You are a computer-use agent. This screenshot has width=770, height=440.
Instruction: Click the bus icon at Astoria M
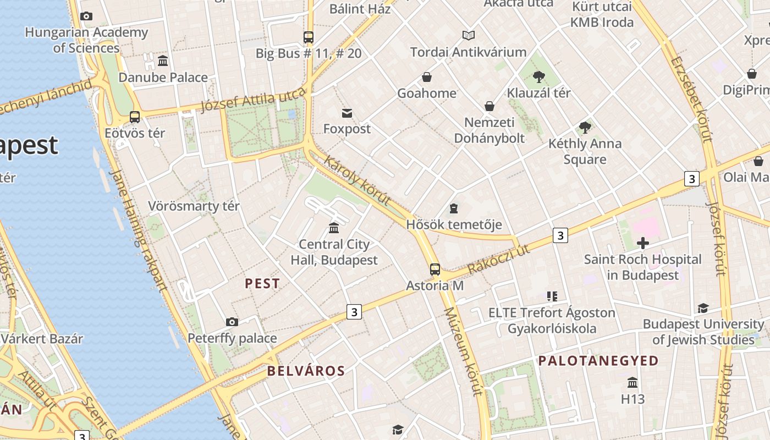(x=435, y=269)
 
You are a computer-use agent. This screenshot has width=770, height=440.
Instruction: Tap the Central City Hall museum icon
(x=334, y=228)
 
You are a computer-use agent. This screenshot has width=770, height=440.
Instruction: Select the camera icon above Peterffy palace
(x=232, y=322)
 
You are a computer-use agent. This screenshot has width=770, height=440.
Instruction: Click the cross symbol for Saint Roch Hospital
(x=642, y=243)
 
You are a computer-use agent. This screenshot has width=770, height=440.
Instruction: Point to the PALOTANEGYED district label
(x=598, y=361)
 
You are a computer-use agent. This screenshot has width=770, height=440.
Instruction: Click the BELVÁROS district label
(x=306, y=371)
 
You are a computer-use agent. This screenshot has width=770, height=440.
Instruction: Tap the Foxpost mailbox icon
(x=347, y=113)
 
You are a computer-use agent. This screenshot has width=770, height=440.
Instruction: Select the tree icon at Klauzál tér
(x=538, y=77)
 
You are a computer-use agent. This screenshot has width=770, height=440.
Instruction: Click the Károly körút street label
(x=358, y=180)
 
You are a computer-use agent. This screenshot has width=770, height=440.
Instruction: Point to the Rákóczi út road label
(x=498, y=259)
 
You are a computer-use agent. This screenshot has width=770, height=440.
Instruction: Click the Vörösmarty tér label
(x=194, y=206)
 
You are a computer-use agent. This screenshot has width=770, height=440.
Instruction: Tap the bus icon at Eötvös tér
(x=135, y=117)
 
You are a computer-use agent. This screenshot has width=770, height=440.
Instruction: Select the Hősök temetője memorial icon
(x=454, y=208)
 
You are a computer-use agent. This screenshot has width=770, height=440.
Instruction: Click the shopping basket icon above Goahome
(x=427, y=77)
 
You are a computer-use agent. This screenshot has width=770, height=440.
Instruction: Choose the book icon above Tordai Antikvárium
(x=468, y=36)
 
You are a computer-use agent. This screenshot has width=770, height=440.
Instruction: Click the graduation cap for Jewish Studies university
(x=703, y=308)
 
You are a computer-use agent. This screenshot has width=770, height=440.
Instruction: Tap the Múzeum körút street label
(x=463, y=352)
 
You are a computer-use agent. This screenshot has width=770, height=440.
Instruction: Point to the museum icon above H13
(x=632, y=382)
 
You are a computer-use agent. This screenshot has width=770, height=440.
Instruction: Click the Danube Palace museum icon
(x=163, y=61)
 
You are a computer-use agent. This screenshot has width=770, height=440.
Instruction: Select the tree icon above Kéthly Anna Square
(x=585, y=128)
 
